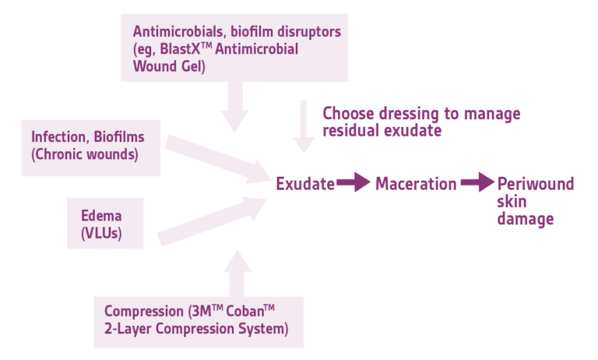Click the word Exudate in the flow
click(305, 185)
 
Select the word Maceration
click(416, 185)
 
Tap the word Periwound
click(536, 185)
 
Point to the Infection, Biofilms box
click(88, 146)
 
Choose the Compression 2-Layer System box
click(198, 321)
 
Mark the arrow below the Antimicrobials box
click(234, 106)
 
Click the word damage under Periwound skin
click(526, 220)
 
